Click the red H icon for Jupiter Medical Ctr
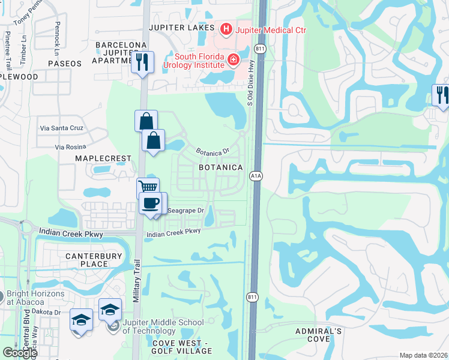(x=226, y=28)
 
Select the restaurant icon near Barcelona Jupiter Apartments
(x=142, y=62)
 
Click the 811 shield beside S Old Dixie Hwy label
(x=259, y=47)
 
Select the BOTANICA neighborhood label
(x=220, y=167)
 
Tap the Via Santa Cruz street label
(x=62, y=128)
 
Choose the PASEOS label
(x=64, y=63)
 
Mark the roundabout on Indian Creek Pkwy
(x=26, y=229)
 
